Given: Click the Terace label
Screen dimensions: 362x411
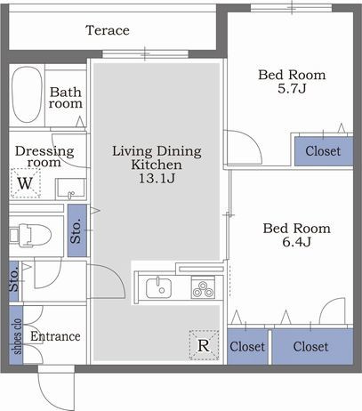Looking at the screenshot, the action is (108, 30).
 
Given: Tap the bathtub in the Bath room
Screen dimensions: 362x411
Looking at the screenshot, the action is (27, 94).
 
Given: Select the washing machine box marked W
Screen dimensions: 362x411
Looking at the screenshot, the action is (25, 183).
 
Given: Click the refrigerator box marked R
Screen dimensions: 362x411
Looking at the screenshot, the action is (204, 345).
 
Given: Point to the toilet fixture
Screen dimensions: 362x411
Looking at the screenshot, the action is (30, 235).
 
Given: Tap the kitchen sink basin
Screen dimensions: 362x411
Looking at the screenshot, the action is (158, 287).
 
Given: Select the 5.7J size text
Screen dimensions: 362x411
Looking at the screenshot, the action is (292, 88).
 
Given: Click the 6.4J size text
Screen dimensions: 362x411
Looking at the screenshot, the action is (296, 242).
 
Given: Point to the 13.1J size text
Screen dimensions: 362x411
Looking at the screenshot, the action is (157, 178).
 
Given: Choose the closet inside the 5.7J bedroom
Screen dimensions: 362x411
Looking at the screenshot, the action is (324, 151).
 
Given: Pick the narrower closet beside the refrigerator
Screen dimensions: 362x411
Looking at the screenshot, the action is (247, 347).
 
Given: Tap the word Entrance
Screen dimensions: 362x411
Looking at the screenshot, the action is (55, 336).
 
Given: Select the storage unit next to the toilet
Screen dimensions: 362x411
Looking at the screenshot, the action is (77, 230).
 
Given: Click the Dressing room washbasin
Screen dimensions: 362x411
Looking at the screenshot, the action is (70, 189).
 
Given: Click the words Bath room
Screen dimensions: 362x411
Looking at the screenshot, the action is (66, 98).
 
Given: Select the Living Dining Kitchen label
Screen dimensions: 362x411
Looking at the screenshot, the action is (157, 157).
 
